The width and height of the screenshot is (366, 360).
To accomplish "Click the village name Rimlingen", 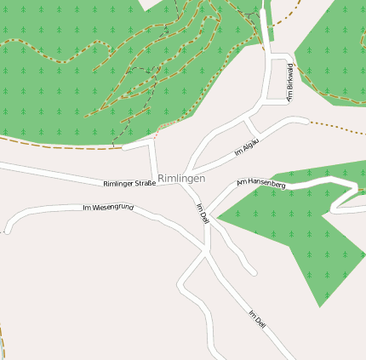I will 181,179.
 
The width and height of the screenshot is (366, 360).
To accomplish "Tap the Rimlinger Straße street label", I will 129,184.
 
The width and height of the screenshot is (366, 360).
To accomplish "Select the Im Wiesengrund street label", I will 108,208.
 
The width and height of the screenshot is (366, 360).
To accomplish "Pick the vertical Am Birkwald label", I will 290,83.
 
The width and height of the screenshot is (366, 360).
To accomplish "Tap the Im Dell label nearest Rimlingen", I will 203,213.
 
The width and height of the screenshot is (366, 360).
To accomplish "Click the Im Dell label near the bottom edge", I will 258,321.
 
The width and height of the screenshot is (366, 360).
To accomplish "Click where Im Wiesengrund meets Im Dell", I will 204,251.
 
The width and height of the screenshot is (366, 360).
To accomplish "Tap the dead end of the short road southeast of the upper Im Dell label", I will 253,272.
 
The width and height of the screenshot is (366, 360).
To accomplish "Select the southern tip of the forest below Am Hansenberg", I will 320,306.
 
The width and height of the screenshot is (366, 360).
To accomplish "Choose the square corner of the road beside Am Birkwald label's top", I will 287,57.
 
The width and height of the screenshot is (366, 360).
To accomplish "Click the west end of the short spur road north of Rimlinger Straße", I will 124,147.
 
